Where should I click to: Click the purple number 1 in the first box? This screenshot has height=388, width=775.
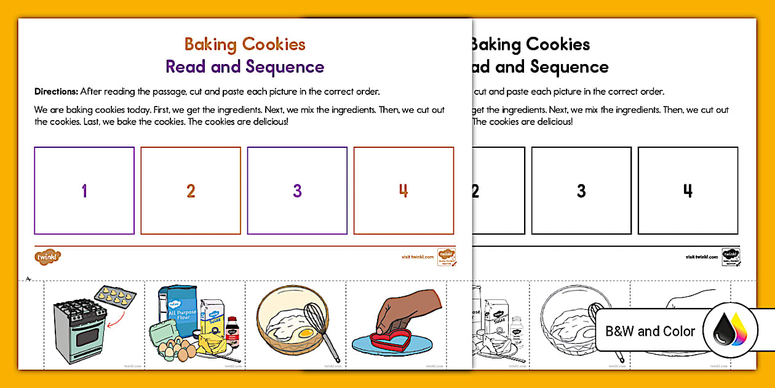(84, 191)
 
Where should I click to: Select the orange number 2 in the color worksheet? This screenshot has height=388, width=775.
(191, 191)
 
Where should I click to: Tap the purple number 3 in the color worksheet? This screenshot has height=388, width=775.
(297, 191)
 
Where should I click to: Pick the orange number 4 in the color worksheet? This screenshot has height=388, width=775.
(403, 191)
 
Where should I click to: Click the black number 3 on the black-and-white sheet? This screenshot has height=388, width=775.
(581, 191)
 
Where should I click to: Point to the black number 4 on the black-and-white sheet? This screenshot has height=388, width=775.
(688, 191)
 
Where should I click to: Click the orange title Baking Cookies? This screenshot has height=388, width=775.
(245, 44)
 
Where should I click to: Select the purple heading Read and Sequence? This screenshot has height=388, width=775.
(245, 67)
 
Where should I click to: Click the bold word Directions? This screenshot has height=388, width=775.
(56, 92)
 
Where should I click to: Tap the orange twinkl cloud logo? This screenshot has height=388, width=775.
(47, 256)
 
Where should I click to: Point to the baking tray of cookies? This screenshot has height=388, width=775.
(113, 300)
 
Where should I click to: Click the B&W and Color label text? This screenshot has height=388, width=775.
(650, 331)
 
